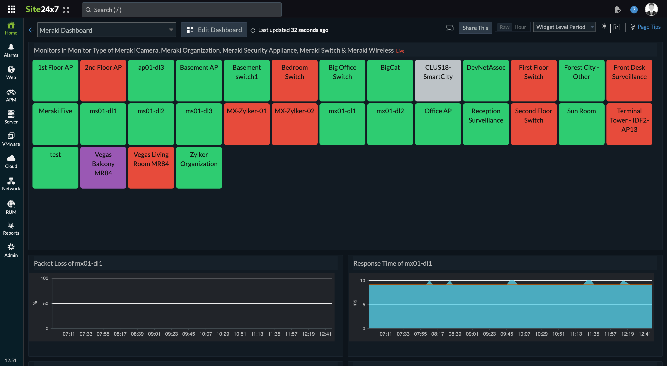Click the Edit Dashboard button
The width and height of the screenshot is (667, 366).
[214, 30]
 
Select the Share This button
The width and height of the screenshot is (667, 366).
[475, 28]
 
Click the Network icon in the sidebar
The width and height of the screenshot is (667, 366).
[11, 184]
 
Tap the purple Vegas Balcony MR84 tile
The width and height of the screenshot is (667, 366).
[103, 167]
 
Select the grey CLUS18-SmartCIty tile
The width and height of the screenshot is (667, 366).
[438, 80]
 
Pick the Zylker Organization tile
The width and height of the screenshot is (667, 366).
[199, 167]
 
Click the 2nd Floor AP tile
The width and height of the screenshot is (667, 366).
[103, 80]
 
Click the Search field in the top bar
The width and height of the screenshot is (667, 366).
[181, 10]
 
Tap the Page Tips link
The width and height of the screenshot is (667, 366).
[648, 27]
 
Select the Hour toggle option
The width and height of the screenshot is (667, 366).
[520, 27]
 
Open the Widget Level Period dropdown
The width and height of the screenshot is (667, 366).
[564, 27]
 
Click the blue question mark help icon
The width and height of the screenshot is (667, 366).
[633, 10]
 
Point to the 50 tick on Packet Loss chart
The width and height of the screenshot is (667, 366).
[45, 303]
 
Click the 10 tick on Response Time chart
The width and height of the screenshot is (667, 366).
[362, 281]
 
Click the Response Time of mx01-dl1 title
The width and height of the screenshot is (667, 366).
[392, 263]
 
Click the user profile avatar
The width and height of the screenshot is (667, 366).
[651, 9]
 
